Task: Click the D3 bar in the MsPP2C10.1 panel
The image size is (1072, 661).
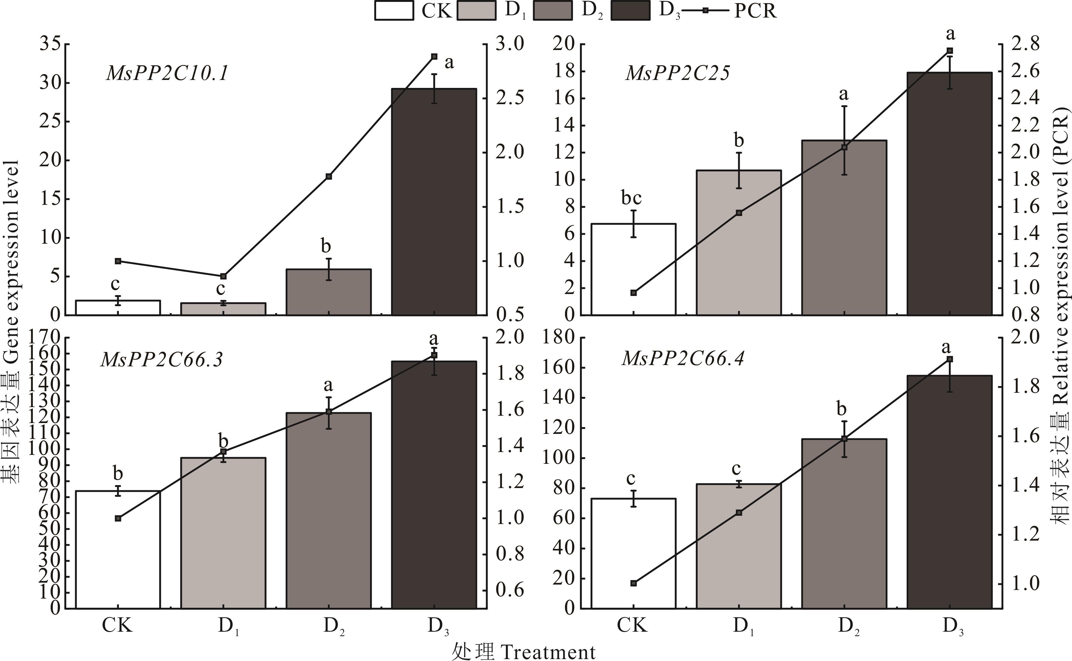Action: tap(433, 201)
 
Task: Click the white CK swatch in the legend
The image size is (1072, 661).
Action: tap(394, 11)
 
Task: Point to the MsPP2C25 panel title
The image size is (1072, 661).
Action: tap(677, 73)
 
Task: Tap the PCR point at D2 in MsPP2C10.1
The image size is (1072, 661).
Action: tap(329, 176)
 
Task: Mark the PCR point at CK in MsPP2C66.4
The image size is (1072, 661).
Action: tap(633, 583)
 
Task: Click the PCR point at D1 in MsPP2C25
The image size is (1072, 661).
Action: tap(739, 213)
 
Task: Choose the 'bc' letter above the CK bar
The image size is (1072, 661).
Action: tap(632, 198)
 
